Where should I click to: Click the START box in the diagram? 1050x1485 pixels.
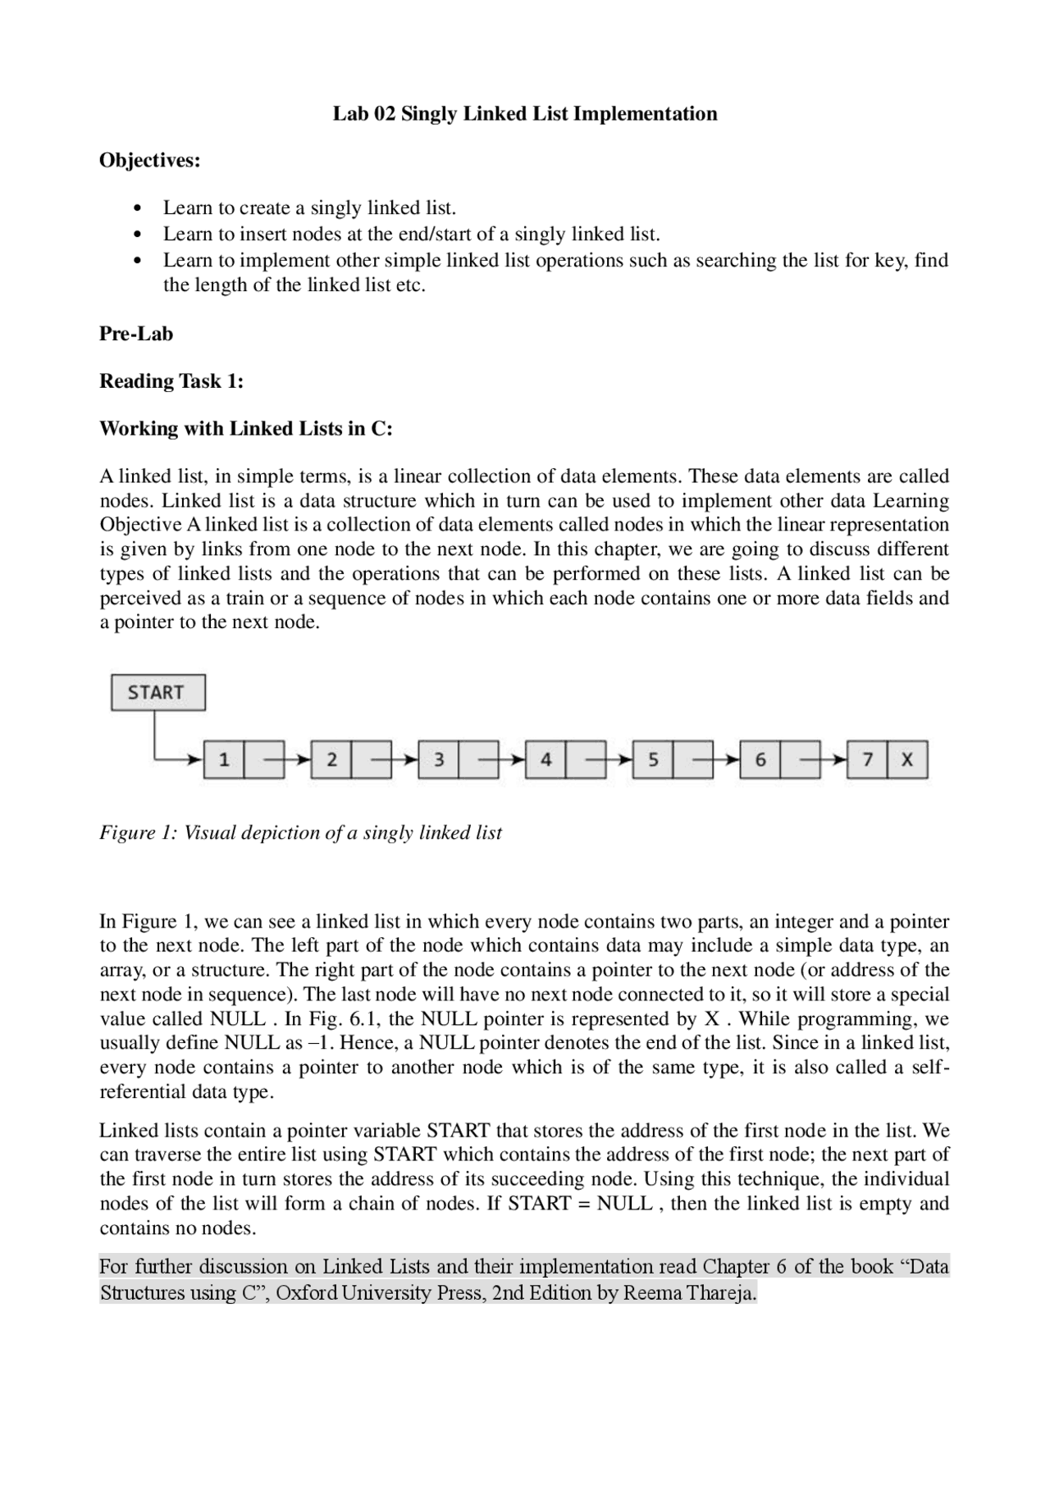pos(157,692)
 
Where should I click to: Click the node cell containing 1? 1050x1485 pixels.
pos(223,759)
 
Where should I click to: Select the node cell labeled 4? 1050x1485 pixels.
pos(546,759)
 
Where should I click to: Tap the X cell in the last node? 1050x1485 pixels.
pos(907,759)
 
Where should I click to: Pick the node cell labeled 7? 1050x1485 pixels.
pos(867,759)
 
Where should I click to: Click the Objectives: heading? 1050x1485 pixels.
pos(149,161)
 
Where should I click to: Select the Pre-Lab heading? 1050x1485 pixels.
pos(136,334)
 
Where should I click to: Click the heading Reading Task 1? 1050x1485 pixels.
pos(171,381)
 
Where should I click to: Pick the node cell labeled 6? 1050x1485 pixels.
pos(760,759)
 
